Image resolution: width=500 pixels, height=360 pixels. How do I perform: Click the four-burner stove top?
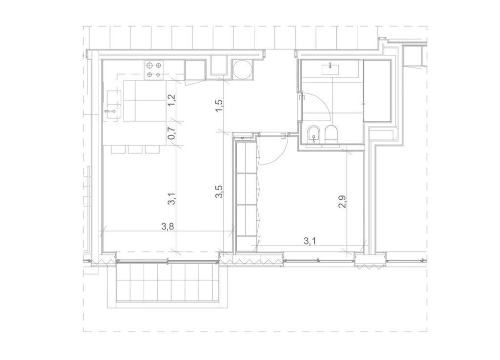click(154, 70)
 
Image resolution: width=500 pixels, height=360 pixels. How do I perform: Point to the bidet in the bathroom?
click(314, 134)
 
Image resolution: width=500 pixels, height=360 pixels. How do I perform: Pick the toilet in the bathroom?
click(331, 134)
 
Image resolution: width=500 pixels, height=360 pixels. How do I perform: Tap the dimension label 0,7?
click(172, 132)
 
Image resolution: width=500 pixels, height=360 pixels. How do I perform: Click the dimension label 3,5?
click(219, 192)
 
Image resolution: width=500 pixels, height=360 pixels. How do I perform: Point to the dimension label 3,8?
click(168, 226)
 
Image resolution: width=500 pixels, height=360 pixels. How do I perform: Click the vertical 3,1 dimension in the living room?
click(172, 200)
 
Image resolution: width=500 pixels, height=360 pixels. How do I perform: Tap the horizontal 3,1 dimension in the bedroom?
click(310, 241)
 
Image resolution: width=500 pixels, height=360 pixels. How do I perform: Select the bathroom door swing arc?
click(320, 107)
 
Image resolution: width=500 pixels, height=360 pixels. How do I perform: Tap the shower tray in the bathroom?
click(376, 90)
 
